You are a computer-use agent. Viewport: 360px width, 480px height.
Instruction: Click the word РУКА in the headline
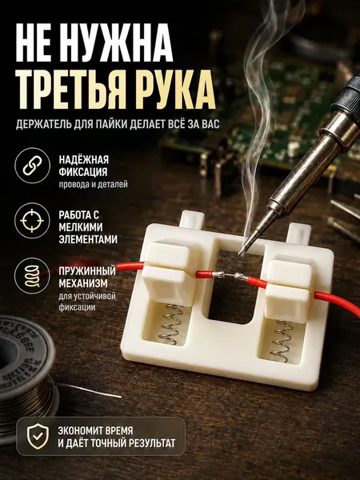(x=175, y=90)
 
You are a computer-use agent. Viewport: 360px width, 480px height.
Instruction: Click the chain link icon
(x=32, y=166)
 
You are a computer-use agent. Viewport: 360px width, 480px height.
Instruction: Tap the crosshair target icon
(x=32, y=221)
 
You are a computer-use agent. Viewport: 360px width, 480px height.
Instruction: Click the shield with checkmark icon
(x=38, y=436)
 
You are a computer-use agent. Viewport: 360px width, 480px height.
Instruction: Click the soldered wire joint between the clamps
(x=227, y=275)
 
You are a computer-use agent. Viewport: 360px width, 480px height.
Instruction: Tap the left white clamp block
(x=170, y=272)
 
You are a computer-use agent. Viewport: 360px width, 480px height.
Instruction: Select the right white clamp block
(x=288, y=290)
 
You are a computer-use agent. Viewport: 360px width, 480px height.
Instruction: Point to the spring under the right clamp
(x=281, y=341)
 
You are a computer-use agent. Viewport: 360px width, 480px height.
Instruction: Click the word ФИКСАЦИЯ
(x=83, y=172)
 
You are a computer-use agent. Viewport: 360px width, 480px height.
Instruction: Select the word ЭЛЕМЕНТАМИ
(x=88, y=239)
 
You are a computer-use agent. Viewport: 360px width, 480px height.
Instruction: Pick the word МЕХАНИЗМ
(x=83, y=283)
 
